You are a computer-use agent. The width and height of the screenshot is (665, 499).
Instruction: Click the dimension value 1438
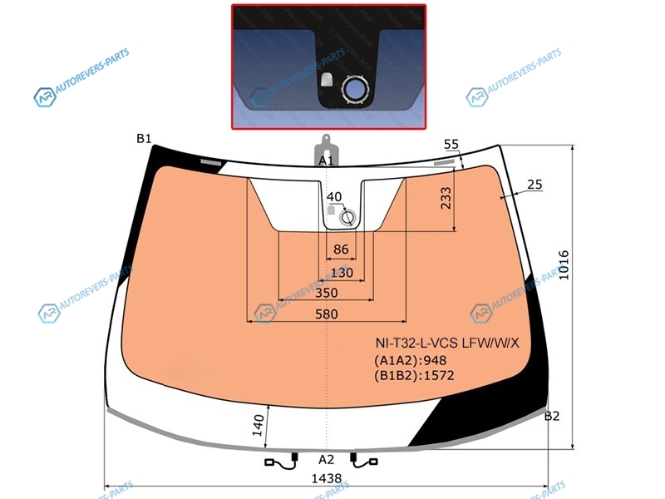point(327,478)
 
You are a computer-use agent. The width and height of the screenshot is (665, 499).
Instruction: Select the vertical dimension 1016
point(564,265)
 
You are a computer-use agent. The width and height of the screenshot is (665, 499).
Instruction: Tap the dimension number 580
point(327,314)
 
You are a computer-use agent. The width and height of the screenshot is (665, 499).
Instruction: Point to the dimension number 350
point(327,293)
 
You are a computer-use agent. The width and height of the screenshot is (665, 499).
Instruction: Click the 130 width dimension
point(342,273)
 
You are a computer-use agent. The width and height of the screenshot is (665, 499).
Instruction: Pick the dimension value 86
point(341,249)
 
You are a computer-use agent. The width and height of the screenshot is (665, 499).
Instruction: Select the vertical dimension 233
point(446,198)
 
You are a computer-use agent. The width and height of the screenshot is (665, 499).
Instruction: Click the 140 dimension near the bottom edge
point(258,425)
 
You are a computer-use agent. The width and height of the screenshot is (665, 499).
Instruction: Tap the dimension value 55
point(451,144)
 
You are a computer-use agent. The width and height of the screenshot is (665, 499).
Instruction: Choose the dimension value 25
point(534,184)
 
